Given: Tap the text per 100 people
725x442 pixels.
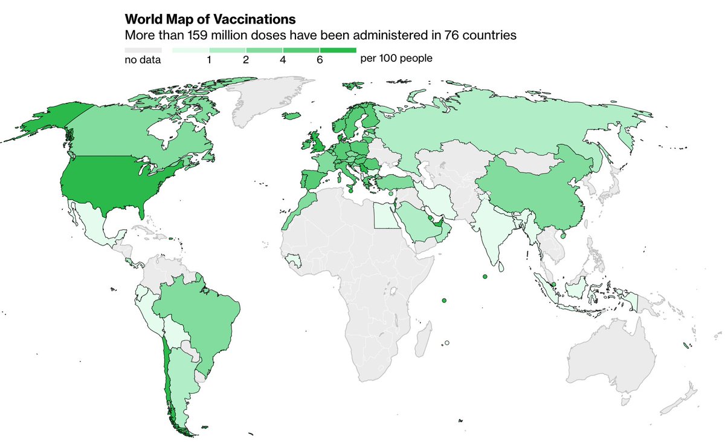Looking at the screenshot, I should tap(396, 59).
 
